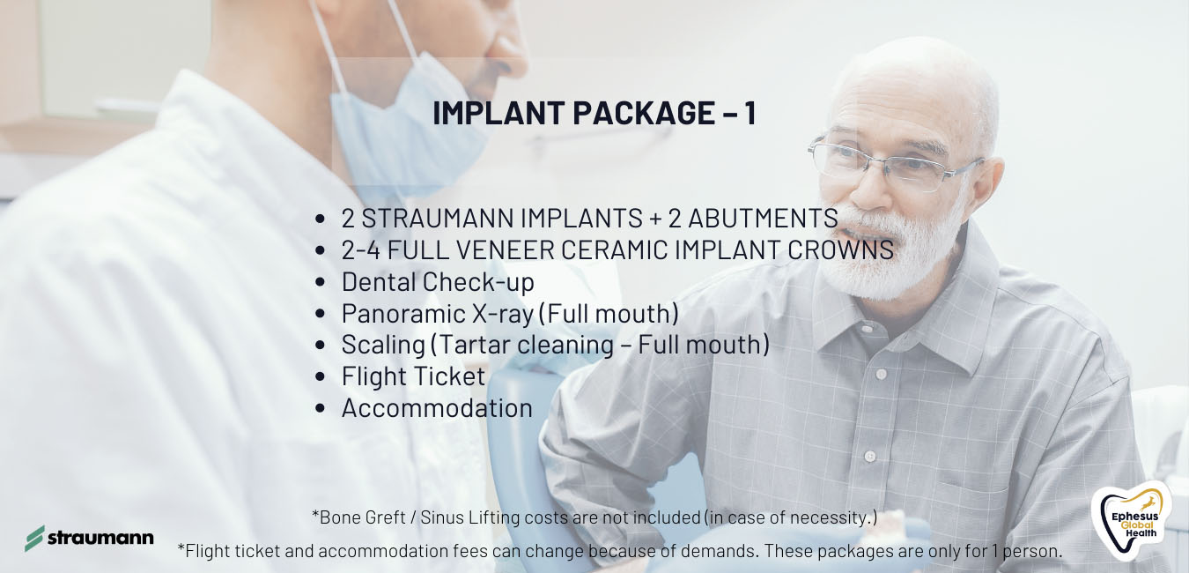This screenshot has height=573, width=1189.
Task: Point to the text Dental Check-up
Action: (438, 282)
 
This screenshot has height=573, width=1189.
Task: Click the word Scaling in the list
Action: (383, 346)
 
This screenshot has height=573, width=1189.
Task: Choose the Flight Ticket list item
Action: (413, 376)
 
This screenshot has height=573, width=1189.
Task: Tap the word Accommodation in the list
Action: (437, 408)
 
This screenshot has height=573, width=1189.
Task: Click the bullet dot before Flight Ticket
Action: (320, 377)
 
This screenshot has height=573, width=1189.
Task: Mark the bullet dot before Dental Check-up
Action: (320, 282)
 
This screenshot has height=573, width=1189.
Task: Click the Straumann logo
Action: (89, 539)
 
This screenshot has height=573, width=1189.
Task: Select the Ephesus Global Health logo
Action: (1131, 521)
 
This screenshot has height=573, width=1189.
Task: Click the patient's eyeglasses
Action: (890, 162)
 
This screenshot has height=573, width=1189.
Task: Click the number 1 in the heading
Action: (750, 113)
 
